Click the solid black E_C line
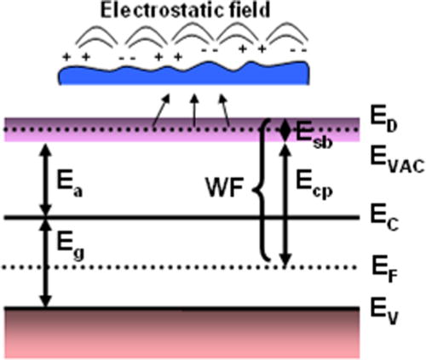pos(170,218)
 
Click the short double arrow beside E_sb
pos(285,129)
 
